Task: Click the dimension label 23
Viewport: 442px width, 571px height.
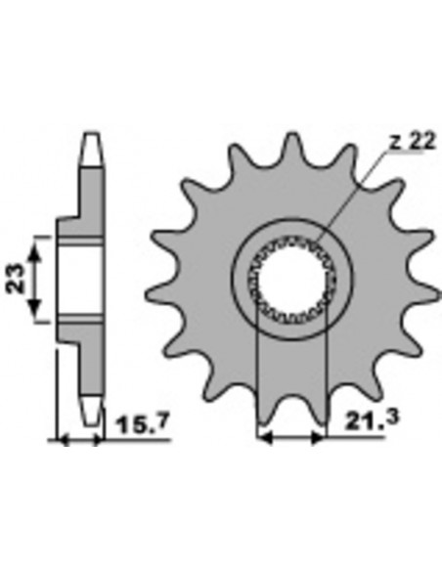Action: click(17, 279)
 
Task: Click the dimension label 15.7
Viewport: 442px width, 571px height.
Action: click(143, 424)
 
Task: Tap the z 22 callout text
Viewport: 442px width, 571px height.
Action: click(412, 142)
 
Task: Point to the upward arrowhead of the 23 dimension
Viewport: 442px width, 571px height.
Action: click(34, 250)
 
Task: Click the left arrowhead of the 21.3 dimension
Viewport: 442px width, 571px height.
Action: click(264, 439)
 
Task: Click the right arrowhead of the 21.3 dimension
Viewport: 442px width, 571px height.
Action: click(317, 439)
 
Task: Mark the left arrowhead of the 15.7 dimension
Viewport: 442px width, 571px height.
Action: click(64, 440)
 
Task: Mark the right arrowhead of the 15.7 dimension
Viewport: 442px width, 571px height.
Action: click(98, 440)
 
